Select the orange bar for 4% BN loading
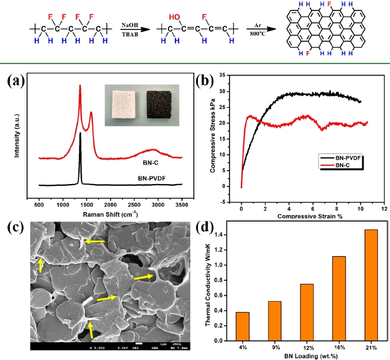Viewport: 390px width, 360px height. pos(243,326)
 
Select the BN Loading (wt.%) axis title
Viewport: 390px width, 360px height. pos(306,357)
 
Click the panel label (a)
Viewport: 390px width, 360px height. pos(17,81)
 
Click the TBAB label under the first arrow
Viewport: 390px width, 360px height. pos(129,33)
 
